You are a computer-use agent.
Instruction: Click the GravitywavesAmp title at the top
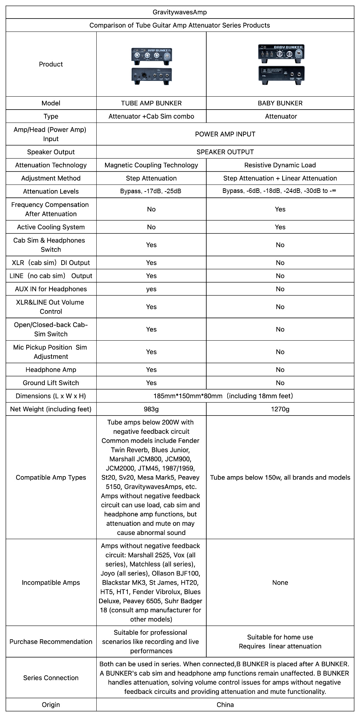180,12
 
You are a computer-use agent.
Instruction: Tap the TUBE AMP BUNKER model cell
151,103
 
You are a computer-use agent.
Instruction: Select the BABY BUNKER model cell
280,103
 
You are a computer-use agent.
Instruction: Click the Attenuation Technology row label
51,165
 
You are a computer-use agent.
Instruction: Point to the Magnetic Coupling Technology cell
151,165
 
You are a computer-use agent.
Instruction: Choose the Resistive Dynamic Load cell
280,165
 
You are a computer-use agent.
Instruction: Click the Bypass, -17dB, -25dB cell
151,192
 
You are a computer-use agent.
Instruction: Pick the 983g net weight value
151,409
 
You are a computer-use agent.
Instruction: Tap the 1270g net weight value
280,409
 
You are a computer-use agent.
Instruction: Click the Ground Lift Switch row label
51,383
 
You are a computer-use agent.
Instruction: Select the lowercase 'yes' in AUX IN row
151,289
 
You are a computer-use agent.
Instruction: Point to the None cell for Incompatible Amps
280,583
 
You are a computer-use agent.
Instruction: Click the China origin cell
225,705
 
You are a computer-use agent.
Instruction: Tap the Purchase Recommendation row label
51,642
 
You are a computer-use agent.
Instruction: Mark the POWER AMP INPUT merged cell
225,134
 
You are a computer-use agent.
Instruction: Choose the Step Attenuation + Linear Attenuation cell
280,179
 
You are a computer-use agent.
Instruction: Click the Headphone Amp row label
51,370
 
